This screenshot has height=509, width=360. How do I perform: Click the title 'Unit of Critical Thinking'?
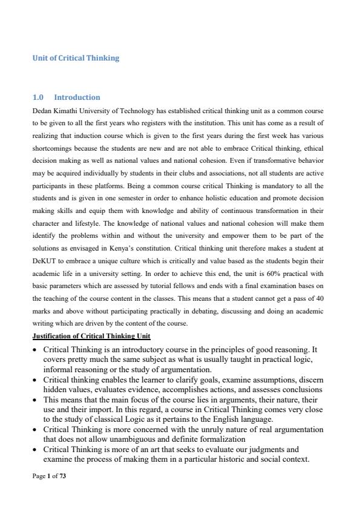coord(76,58)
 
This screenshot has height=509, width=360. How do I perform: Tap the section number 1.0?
coord(38,97)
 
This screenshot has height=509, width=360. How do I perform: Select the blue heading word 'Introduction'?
coord(77,97)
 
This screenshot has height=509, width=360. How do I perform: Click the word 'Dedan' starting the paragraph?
coord(42,111)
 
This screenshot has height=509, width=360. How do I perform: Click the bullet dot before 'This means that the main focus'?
coord(36,401)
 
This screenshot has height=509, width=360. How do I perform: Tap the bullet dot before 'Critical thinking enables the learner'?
coord(36,379)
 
